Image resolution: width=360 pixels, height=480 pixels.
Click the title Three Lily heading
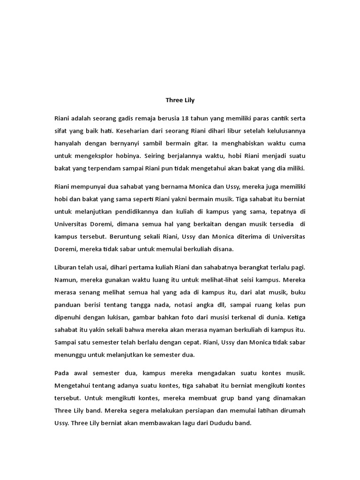point(180,100)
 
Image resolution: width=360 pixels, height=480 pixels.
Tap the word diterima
point(222,237)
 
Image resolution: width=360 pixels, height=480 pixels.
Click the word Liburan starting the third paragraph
point(67,267)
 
